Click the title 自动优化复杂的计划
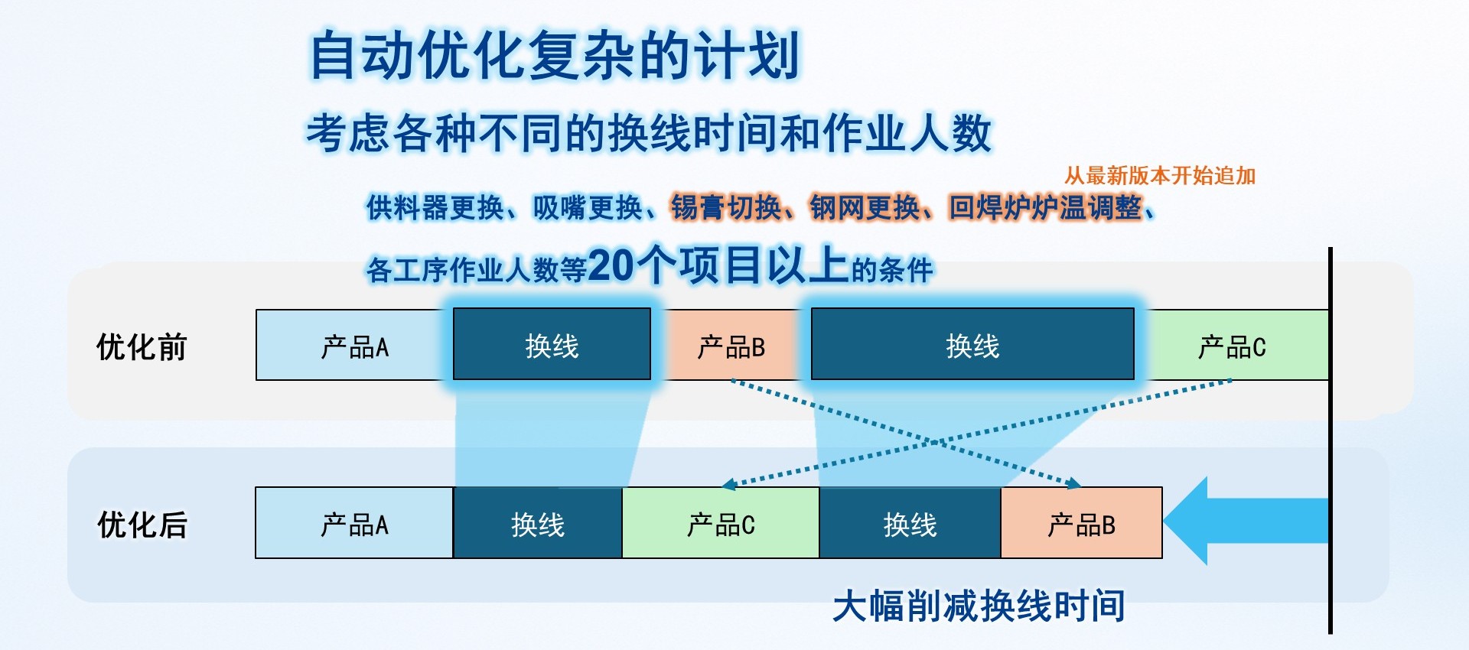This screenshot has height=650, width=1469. point(555,55)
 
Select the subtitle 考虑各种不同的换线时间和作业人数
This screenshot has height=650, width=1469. point(649,133)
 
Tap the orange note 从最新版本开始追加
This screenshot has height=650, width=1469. point(1160,176)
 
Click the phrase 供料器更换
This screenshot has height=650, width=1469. point(435,207)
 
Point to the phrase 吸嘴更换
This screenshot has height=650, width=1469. point(588,207)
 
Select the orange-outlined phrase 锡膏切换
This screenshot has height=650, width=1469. point(726,207)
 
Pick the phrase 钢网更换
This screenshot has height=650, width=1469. point(865,207)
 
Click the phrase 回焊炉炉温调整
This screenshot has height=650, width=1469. point(1045,207)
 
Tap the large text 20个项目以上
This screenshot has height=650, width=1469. point(719,265)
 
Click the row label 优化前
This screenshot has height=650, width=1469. point(142,347)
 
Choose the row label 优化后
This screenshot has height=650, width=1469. point(142,525)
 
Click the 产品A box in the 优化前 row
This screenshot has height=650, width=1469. point(354,345)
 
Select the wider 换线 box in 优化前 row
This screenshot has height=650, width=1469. point(972,344)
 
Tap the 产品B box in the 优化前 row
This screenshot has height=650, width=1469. point(731,345)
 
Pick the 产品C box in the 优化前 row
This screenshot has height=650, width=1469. point(1232,345)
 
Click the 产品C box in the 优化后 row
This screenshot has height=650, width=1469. point(721,523)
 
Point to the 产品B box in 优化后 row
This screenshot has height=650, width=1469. point(1082,523)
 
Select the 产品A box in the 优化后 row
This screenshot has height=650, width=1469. point(354,523)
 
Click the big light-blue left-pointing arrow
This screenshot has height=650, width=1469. point(1246,521)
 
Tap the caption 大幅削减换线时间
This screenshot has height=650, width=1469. point(979,606)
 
